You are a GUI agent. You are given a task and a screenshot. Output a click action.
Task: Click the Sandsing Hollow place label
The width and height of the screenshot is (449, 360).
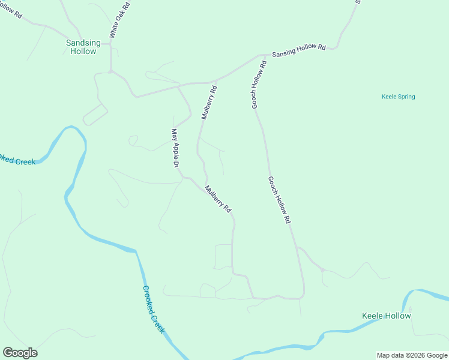click(x=82, y=47)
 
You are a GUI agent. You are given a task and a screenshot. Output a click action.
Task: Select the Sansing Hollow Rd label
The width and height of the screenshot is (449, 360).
click(x=298, y=50)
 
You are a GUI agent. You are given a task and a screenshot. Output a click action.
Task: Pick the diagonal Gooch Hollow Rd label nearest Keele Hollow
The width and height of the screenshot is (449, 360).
click(x=279, y=200)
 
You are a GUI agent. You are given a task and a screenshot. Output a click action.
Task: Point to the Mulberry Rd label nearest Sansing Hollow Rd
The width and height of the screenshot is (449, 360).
click(x=209, y=103)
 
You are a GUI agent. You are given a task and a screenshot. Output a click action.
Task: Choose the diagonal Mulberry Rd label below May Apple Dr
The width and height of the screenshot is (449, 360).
click(x=218, y=199)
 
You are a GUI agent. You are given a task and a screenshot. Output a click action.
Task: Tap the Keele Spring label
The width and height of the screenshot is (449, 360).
click(x=398, y=97)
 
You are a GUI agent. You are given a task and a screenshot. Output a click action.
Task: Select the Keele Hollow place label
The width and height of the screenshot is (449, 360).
click(x=387, y=316)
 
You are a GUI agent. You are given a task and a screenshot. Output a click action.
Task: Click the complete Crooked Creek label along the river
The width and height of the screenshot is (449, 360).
click(x=154, y=309)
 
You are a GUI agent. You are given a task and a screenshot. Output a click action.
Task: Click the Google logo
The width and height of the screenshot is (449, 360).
click(x=20, y=353)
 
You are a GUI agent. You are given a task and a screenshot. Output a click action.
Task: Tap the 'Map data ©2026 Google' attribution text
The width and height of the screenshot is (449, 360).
click(x=412, y=355)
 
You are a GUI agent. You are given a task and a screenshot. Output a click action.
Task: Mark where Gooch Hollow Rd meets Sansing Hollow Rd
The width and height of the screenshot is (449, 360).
click(x=264, y=56)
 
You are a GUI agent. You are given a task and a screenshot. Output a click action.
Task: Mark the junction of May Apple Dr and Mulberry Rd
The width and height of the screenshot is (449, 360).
click(x=185, y=178)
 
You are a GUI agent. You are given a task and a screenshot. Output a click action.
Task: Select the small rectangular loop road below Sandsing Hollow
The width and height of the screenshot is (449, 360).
click(x=95, y=114)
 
